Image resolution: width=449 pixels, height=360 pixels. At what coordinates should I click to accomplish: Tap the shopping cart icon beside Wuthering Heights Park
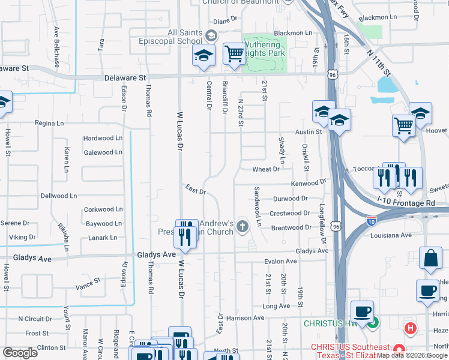[x=234, y=54]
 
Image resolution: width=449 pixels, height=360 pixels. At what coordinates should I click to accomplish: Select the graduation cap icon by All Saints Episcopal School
[x=203, y=56]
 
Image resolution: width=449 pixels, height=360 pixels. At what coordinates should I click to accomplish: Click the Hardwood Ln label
[x=103, y=138]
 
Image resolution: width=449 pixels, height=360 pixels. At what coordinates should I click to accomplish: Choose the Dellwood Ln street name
[x=59, y=196]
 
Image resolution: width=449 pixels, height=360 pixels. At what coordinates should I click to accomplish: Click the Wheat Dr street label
[x=266, y=169]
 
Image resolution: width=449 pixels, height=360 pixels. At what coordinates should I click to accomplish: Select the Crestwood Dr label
[x=289, y=213]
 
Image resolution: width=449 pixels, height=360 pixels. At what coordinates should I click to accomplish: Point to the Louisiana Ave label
[x=393, y=235]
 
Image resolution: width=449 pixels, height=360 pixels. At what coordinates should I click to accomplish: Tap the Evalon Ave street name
[x=281, y=262]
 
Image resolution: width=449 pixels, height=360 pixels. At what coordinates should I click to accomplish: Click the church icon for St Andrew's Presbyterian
[x=243, y=226]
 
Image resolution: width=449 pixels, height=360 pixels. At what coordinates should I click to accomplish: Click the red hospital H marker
[x=411, y=328]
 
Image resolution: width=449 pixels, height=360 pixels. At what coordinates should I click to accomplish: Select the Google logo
[x=20, y=353]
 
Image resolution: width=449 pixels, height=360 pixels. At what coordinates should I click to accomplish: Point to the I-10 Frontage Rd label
[x=406, y=203]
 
